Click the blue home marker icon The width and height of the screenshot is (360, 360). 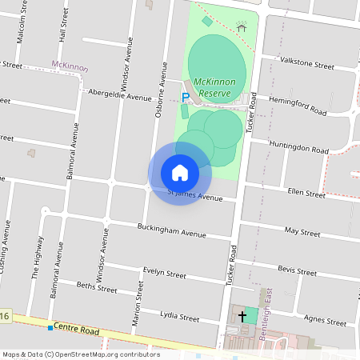(x=180, y=172)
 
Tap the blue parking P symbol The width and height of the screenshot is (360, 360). (x=186, y=98)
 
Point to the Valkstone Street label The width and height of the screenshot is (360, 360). (x=306, y=64)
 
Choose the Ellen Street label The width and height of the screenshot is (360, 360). (x=306, y=194)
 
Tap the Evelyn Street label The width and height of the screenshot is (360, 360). (x=164, y=273)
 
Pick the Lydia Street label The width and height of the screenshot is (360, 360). (x=179, y=317)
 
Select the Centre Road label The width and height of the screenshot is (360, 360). (x=78, y=330)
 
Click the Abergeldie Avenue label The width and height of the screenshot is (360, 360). (x=120, y=95)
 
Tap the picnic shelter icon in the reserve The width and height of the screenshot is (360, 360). (x=242, y=27)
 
